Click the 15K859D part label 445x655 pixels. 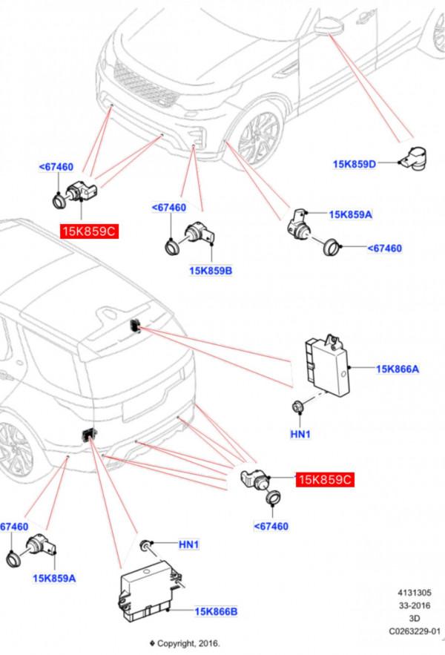[355, 163]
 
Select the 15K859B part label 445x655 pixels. [211, 271]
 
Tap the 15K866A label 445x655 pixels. [398, 368]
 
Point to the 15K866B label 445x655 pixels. [216, 611]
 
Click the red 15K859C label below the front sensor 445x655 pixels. [88, 231]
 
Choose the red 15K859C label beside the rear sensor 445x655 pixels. [324, 480]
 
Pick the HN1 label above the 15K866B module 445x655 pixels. [190, 544]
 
